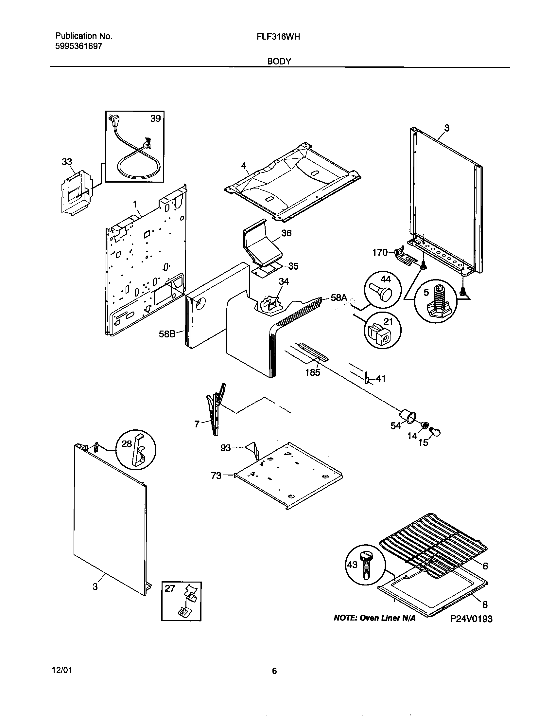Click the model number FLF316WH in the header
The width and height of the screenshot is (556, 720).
(278, 37)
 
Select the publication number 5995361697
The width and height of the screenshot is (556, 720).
(78, 46)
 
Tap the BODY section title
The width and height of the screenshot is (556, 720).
(279, 61)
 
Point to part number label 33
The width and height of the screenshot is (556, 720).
(67, 162)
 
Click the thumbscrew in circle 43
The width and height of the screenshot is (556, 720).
(366, 566)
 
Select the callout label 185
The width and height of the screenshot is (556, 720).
(313, 372)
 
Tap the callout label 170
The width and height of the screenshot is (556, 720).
(380, 253)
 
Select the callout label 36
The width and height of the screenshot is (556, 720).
(286, 233)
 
